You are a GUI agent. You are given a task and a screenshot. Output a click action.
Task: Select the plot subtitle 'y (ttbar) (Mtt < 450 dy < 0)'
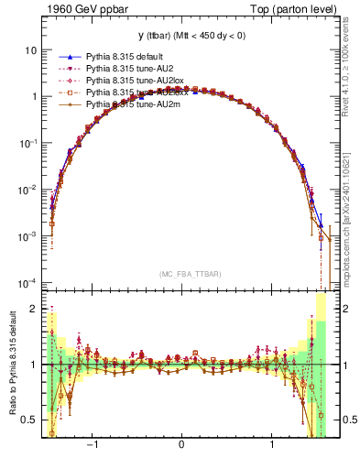[180, 35]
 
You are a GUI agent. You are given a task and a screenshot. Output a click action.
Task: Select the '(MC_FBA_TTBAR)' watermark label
[181, 274]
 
